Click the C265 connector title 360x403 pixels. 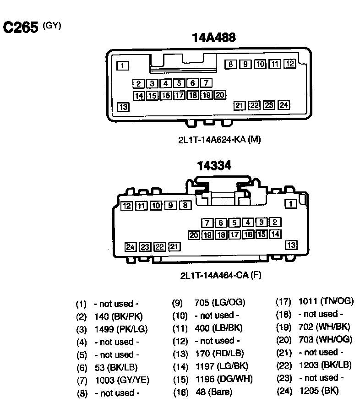point(20,27)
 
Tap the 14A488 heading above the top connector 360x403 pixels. point(214,38)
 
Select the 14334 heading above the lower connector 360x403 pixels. point(214,165)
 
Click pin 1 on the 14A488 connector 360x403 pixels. point(123,66)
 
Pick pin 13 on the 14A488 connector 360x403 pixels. point(123,107)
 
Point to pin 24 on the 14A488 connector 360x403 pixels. point(284,105)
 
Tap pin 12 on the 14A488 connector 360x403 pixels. point(290,64)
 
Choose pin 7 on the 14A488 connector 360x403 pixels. point(206,83)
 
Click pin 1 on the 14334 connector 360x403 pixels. point(291,203)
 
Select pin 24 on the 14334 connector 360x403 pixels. point(131,247)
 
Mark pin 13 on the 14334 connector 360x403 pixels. point(291,245)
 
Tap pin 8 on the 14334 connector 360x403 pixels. point(185,205)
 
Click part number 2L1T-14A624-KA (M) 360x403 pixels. point(219,140)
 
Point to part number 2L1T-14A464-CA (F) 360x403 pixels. point(221,275)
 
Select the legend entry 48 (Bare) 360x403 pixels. point(214,392)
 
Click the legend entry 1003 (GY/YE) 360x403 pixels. point(122,380)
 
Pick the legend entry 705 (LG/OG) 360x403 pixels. point(220,303)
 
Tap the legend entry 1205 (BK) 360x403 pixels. point(319,391)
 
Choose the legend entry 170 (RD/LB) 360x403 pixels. point(220,354)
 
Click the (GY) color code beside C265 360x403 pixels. point(52,26)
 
